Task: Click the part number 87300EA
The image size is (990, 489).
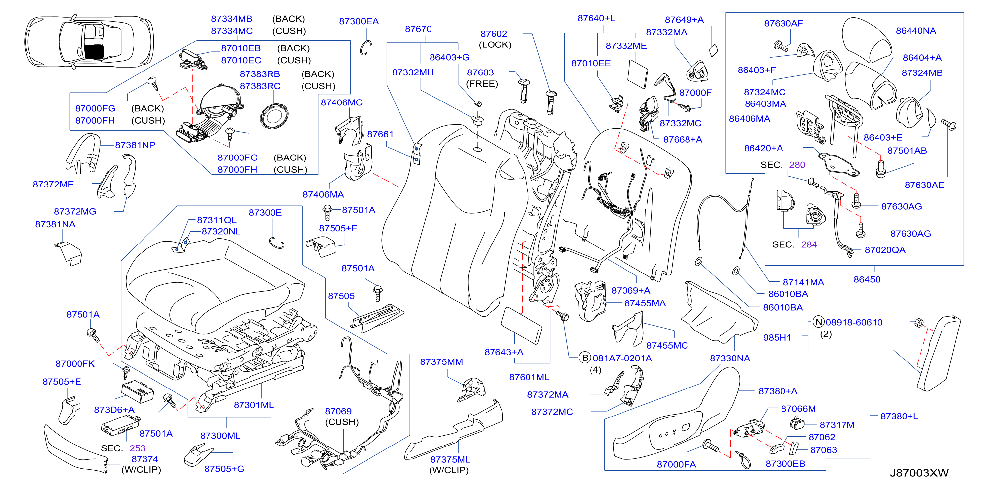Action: click(x=359, y=21)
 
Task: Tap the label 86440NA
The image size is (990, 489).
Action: click(x=916, y=31)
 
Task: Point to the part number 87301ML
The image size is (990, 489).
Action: click(x=254, y=405)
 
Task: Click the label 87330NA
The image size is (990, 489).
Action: click(x=730, y=358)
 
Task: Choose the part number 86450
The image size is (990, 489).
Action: click(x=867, y=279)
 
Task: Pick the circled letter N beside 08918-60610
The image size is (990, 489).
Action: click(x=818, y=322)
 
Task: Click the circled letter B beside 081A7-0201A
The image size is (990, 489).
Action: click(x=585, y=358)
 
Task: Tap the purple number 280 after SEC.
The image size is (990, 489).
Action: click(x=797, y=165)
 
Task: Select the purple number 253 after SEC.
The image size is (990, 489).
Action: click(x=137, y=448)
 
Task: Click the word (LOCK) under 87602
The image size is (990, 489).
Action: click(x=495, y=45)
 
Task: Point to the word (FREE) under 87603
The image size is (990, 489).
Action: click(x=482, y=84)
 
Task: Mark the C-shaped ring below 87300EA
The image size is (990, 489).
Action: click(x=365, y=47)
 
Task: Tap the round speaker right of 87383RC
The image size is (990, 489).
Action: click(x=273, y=116)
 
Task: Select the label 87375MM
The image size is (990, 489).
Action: click(x=441, y=362)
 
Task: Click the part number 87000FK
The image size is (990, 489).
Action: click(x=75, y=364)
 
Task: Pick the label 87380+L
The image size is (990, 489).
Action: click(x=899, y=417)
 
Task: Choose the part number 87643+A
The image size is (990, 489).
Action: click(x=504, y=352)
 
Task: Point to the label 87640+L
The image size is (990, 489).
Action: click(x=596, y=18)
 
